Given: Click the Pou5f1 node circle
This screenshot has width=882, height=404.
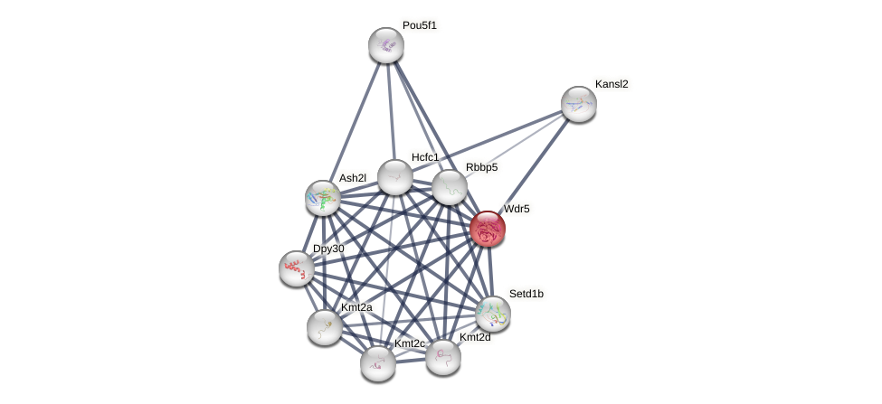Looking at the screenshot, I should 386,45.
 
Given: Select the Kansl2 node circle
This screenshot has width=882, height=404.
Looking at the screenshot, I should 578,104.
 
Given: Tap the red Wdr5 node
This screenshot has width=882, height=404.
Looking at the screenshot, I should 488,229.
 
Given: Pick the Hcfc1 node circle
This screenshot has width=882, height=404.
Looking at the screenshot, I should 395,177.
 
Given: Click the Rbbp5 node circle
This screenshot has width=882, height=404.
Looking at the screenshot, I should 449,187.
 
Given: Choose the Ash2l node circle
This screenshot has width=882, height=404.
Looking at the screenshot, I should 323,198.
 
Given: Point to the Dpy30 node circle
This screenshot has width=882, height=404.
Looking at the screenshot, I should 297,268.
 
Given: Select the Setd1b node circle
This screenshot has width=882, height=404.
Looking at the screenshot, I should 493,314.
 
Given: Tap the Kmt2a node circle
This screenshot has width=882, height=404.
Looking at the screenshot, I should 325,327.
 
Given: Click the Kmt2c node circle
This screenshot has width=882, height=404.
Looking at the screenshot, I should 378,363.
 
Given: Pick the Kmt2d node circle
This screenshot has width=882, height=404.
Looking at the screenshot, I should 443,357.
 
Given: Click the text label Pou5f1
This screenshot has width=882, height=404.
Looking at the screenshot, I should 420,25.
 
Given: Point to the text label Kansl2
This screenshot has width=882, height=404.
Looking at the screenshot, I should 612,84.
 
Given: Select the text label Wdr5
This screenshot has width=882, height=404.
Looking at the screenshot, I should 517,209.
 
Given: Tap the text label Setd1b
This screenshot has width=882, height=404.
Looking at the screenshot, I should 526,294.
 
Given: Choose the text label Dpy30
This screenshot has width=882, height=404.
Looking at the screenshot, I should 328,249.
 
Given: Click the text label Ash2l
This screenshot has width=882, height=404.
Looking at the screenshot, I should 353,178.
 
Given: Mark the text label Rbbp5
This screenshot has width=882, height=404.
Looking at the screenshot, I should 481,167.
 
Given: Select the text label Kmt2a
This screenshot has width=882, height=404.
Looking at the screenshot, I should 356,307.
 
